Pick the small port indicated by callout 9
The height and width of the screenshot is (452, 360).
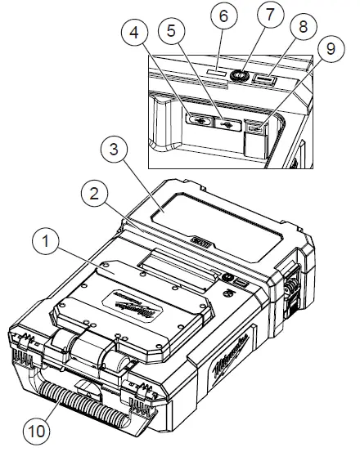click(255, 128)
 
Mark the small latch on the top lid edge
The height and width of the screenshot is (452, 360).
click(200, 244)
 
